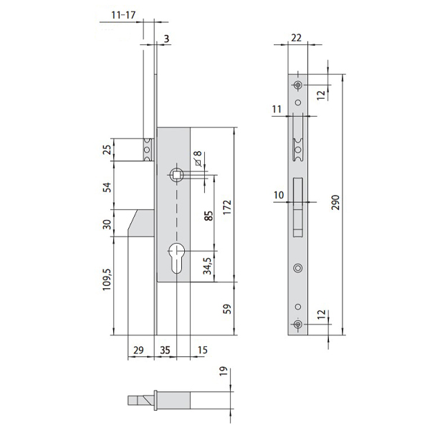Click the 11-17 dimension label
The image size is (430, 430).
click(123, 15)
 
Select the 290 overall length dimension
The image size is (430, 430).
click(335, 202)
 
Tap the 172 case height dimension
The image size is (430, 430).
click(227, 208)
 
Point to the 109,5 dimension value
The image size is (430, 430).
click(107, 279)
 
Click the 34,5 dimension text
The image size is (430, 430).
click(207, 266)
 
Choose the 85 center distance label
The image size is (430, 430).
click(209, 216)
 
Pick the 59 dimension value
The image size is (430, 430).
click(227, 308)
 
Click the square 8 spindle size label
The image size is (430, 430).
click(199, 159)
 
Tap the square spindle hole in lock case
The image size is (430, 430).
click(177, 175)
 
